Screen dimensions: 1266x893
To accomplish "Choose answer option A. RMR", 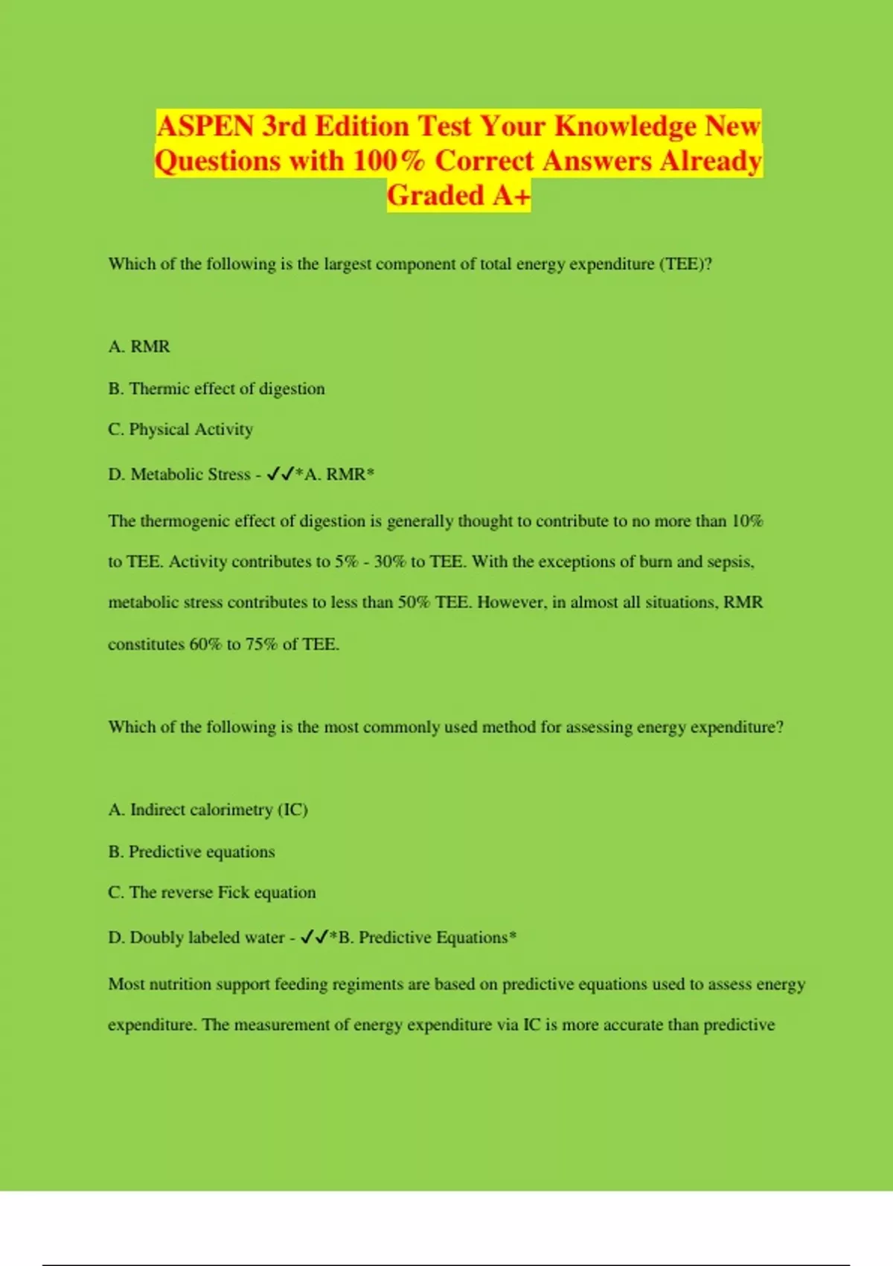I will click(x=139, y=346).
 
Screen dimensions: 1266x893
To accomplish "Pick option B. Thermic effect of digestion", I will click(x=217, y=389).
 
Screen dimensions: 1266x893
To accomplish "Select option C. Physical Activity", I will click(x=181, y=430).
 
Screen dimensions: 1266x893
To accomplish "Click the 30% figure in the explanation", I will click(x=390, y=562).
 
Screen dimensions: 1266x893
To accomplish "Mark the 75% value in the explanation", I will click(x=261, y=644).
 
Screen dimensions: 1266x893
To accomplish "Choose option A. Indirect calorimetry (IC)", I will click(x=208, y=809).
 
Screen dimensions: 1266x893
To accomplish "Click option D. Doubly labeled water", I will click(x=196, y=938).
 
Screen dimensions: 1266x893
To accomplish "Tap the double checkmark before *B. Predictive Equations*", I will click(x=315, y=938).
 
